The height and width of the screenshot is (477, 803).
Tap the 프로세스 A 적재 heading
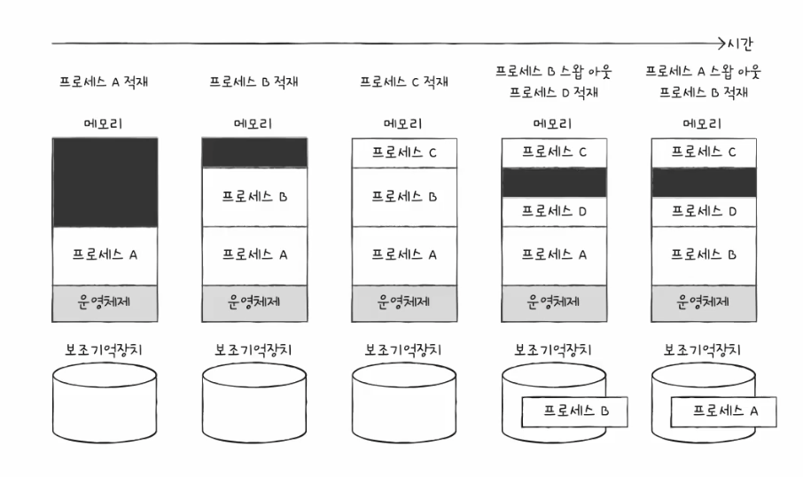pos(105,82)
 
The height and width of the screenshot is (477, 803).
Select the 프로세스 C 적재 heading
pos(404,82)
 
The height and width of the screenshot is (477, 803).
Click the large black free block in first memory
pos(105,182)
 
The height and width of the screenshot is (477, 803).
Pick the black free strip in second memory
pos(254,152)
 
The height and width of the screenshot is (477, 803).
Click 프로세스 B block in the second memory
pos(254,196)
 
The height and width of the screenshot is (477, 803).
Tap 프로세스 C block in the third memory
pos(404,152)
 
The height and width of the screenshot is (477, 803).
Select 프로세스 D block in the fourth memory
pos(554,211)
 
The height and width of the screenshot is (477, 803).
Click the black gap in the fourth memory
pos(554,182)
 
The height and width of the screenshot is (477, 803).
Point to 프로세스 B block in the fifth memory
pos(704,255)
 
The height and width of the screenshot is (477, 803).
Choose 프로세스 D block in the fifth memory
pos(704,211)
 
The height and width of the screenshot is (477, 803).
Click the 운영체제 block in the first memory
pos(105,302)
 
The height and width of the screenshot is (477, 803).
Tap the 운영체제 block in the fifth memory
pos(704,302)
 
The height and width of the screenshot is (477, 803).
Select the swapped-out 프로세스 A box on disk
pos(723,411)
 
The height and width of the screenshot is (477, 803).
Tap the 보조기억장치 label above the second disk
pos(254,348)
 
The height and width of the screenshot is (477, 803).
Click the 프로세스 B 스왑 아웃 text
pos(554,71)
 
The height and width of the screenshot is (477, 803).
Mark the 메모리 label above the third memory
pos(404,123)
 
